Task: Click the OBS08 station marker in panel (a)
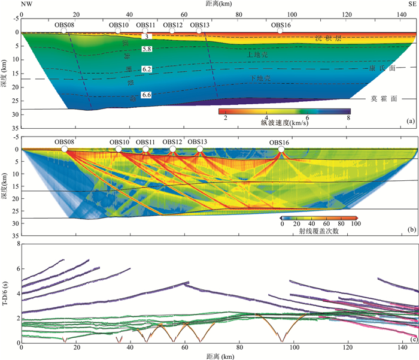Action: point(64,31)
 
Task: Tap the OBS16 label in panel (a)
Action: point(281,25)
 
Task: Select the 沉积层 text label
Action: point(329,38)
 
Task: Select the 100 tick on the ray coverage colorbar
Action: point(357,225)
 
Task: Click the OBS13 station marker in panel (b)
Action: point(199,149)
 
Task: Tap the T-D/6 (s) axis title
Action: point(6,294)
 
